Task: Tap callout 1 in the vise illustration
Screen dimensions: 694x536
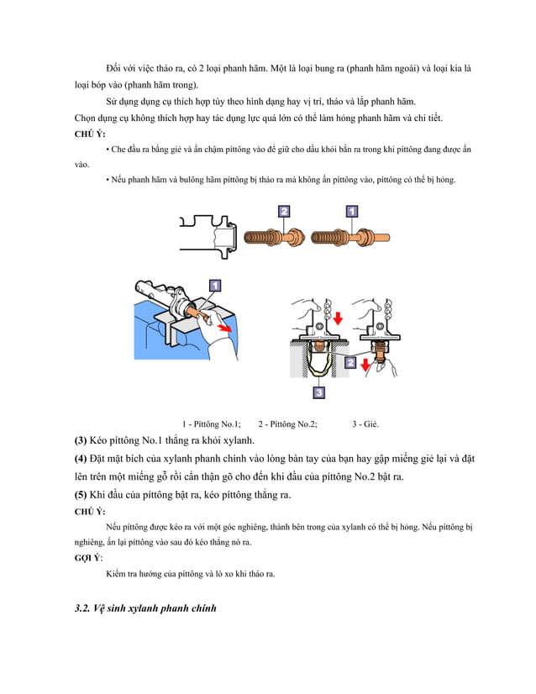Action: tap(215, 286)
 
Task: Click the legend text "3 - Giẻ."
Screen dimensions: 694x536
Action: tap(365, 423)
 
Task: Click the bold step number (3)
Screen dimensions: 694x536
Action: tap(81, 440)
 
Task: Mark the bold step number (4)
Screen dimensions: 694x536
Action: tap(81, 459)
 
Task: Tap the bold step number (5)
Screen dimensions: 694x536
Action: tap(81, 495)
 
